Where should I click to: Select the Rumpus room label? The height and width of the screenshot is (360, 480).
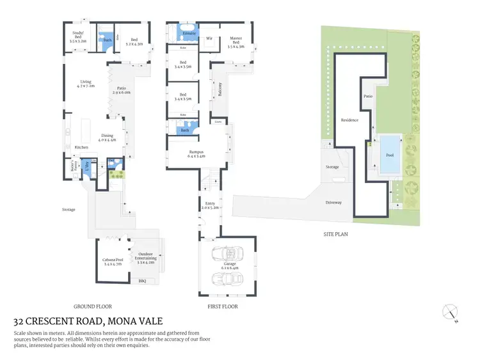pos(195,152)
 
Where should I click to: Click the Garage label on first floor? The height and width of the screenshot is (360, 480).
pos(229,265)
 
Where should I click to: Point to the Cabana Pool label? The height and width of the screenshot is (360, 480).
pos(112,260)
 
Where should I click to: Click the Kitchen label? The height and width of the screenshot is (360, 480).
pos(81,148)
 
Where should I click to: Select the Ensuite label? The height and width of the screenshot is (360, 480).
pos(189,32)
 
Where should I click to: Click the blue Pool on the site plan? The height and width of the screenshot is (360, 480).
pos(390,155)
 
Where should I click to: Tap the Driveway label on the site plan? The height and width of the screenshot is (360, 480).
pos(333,203)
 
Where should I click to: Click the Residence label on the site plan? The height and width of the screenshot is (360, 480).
pos(349,120)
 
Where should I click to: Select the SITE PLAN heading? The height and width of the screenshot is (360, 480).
pos(335,234)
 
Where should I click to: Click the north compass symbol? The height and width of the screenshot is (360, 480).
pos(451,313)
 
